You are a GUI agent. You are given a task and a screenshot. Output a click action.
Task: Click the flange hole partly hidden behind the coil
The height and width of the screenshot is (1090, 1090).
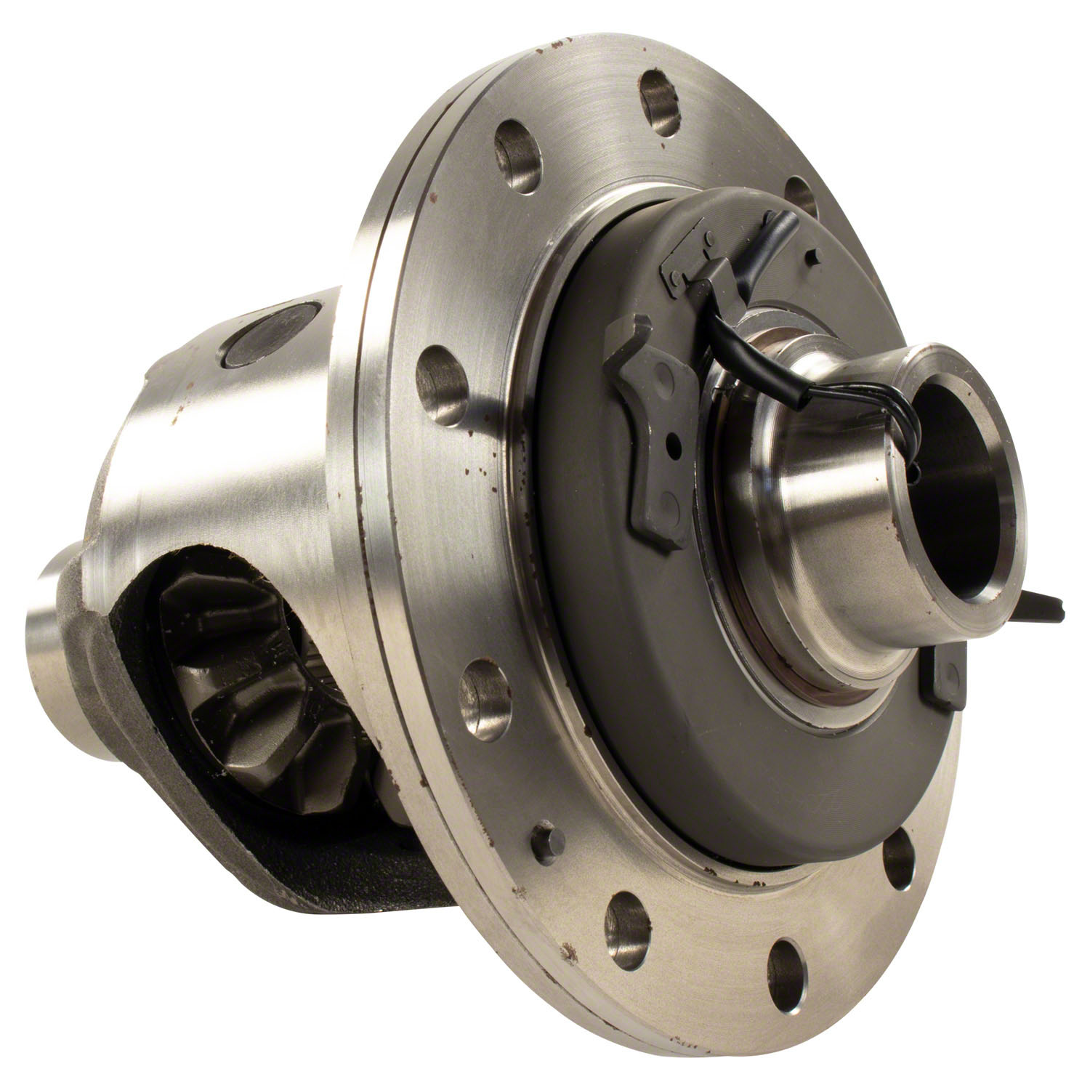[x=803, y=193]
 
